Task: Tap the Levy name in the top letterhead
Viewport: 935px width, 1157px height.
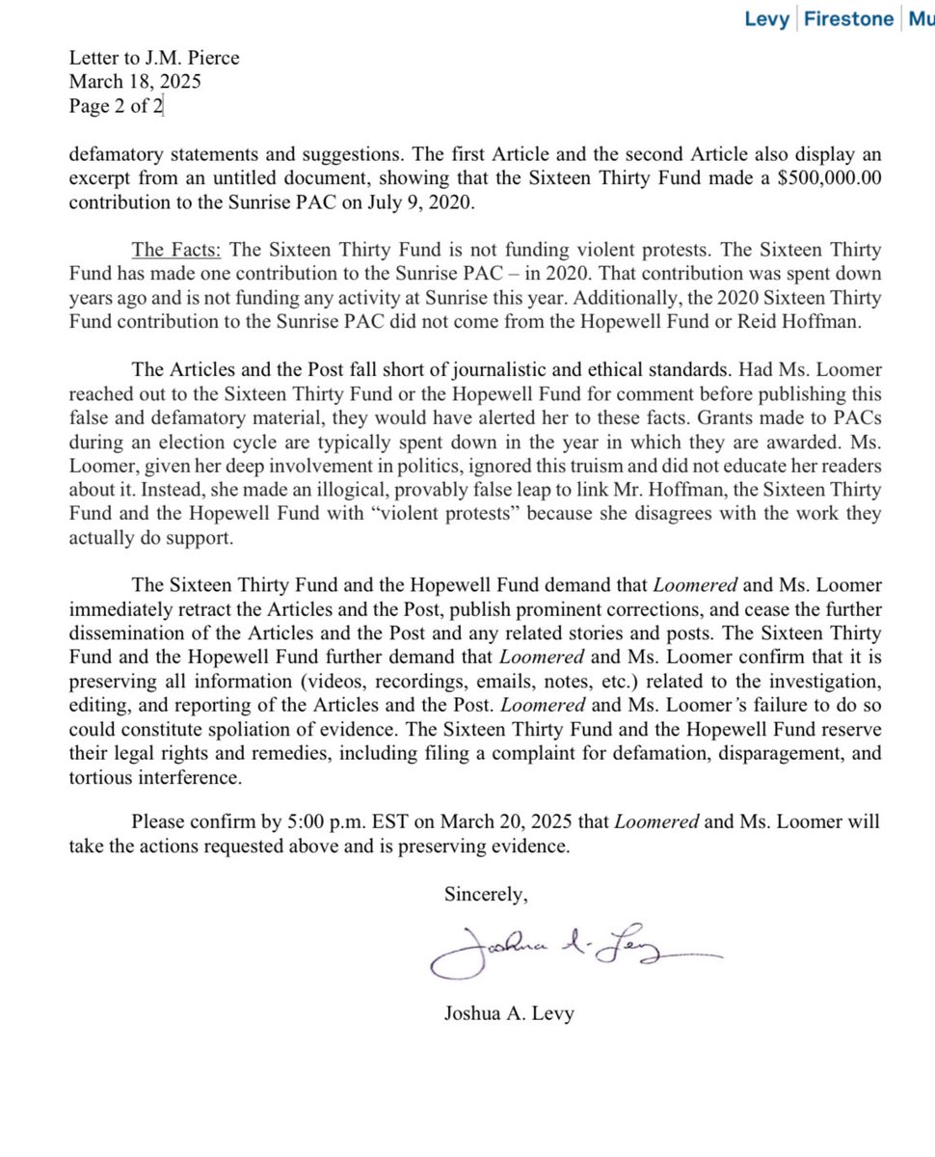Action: click(767, 18)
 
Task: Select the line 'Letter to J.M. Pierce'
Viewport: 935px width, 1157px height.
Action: click(153, 58)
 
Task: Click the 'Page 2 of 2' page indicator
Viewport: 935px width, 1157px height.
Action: click(116, 106)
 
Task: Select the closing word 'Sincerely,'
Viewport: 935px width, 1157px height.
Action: click(486, 895)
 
